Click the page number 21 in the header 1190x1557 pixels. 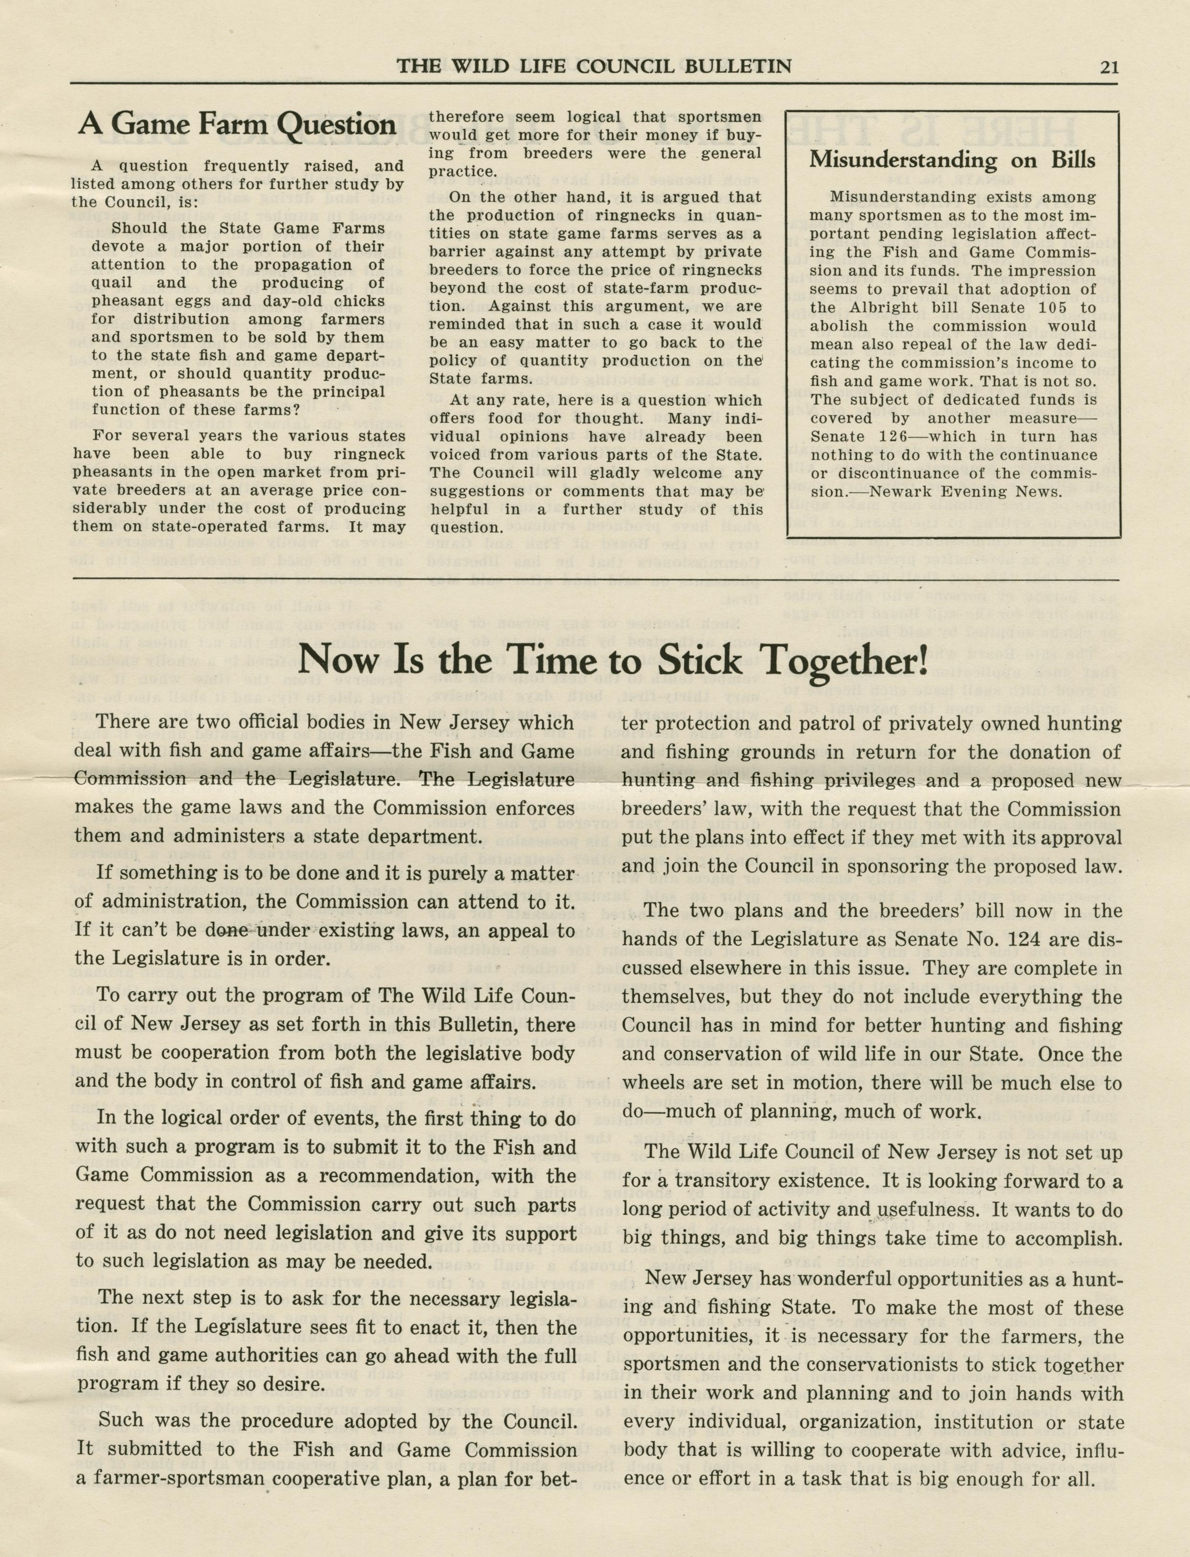[x=1109, y=67]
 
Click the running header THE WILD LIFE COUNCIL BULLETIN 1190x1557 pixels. [x=594, y=67]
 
